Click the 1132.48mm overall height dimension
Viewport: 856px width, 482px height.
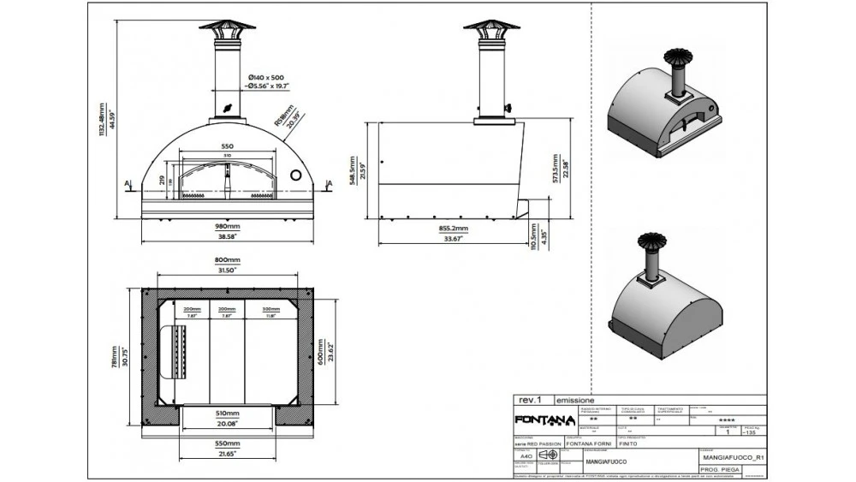[104, 120]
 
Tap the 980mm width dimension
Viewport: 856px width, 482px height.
[227, 226]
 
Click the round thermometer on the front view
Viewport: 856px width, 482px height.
[297, 175]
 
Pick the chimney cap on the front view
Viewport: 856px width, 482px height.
[228, 27]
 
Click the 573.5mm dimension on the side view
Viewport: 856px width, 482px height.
[556, 169]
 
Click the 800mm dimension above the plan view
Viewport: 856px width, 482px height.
[227, 260]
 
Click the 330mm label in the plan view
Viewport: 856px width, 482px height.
[270, 309]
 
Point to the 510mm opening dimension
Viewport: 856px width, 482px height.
[227, 411]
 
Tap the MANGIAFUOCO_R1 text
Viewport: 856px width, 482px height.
[728, 458]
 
